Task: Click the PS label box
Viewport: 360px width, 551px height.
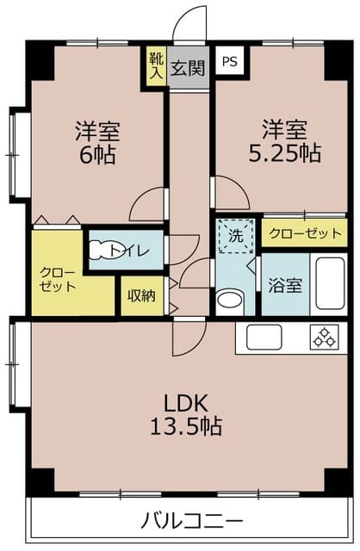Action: pos(230,61)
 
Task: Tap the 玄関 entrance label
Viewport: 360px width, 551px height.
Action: pos(188,68)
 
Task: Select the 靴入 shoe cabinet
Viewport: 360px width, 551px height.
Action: pos(157,66)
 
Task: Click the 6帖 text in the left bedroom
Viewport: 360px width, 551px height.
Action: pos(97,155)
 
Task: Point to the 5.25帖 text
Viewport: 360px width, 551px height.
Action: pos(284,153)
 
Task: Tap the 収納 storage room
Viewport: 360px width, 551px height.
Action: pos(142,296)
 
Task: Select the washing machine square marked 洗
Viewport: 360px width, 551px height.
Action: pos(235,236)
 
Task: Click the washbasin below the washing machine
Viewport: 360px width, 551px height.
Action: pos(230,300)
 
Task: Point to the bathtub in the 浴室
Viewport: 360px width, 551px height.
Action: pos(330,283)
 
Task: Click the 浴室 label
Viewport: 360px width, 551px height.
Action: pos(285,285)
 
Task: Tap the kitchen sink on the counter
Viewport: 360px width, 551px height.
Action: pos(264,337)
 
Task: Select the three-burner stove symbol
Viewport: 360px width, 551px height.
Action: pos(324,337)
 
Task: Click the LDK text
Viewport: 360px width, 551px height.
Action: pos(186,404)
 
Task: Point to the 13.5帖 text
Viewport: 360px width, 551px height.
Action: pos(186,426)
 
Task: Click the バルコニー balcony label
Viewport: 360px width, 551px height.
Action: pos(191,520)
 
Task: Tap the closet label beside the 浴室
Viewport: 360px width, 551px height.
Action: pos(305,233)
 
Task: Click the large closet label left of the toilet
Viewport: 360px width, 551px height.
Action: pos(58,279)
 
